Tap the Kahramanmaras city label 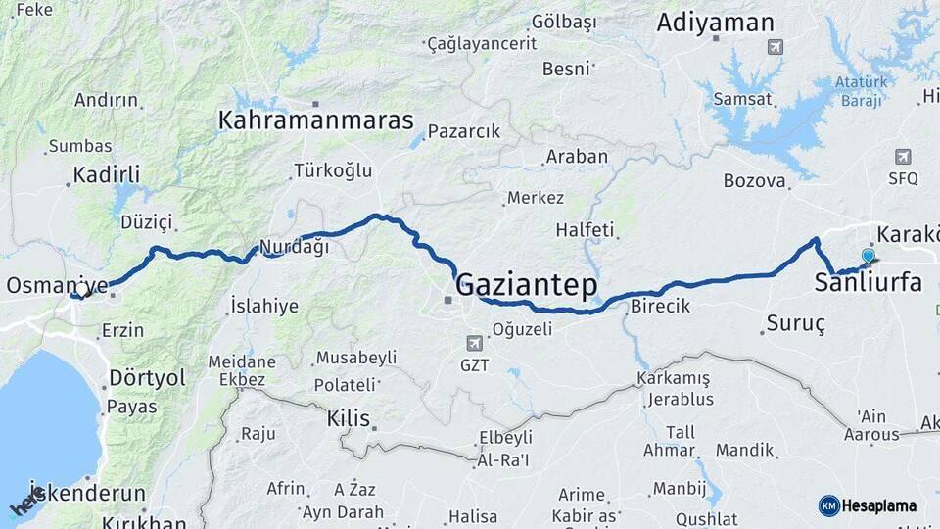click(x=316, y=120)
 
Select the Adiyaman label click(x=715, y=23)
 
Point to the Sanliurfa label click(x=868, y=283)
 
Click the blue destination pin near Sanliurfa click(x=868, y=257)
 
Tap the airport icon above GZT click(x=475, y=343)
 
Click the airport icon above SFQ click(x=903, y=157)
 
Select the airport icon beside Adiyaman click(x=776, y=46)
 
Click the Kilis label click(x=349, y=418)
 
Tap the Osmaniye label click(x=57, y=285)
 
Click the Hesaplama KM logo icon click(x=829, y=505)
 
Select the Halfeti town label click(x=585, y=230)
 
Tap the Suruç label click(x=795, y=322)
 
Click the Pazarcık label click(x=464, y=130)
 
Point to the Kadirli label click(x=106, y=175)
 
